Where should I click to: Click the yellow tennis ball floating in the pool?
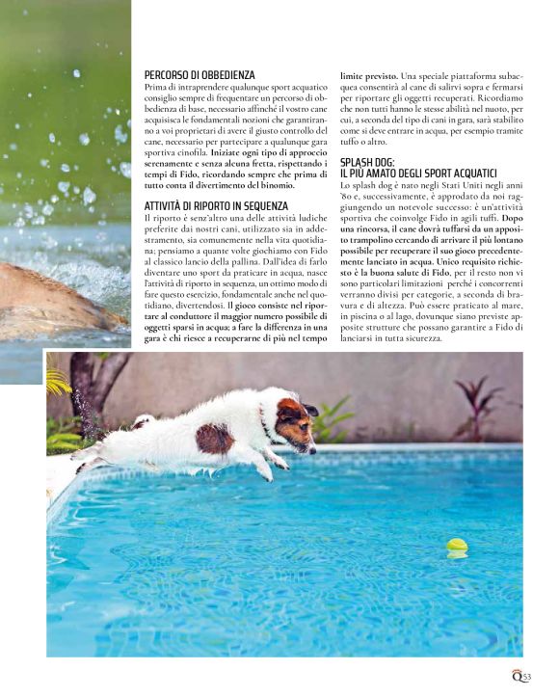[456, 547]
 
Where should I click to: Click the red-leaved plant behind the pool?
[479, 403]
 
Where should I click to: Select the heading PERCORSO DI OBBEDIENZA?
[200, 75]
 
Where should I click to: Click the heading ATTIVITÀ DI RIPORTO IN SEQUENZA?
[216, 205]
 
